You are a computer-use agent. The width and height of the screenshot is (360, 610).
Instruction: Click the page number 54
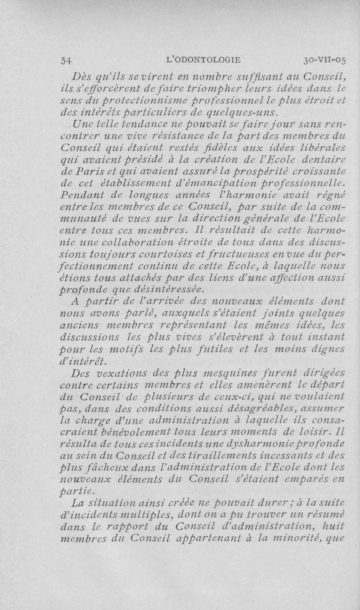tap(67, 59)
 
